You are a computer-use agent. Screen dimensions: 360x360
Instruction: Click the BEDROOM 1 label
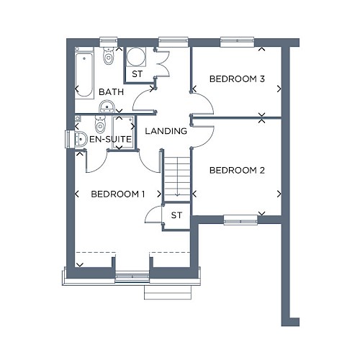pos(118,194)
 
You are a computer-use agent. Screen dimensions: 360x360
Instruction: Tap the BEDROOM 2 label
pos(237,170)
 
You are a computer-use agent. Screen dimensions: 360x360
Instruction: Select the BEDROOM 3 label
pos(237,78)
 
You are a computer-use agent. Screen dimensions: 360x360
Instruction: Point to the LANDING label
pos(166,131)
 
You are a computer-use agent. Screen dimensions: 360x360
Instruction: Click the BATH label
pos(111,91)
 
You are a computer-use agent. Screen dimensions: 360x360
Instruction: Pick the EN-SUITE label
pos(110,139)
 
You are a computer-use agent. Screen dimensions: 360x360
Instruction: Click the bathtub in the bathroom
pos(84,73)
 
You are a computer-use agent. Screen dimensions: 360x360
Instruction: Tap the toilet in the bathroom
pos(109,56)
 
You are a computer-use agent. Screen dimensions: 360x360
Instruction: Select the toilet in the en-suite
pos(100,124)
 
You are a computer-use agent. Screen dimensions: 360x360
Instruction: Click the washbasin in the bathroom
pos(107,107)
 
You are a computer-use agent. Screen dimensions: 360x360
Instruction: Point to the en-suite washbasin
pos(81,139)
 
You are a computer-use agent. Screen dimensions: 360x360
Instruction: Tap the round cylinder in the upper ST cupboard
pos(135,56)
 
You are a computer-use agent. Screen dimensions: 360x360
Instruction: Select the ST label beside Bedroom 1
pos(176,215)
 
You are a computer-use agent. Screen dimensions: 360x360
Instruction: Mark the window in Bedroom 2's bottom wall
pos(240,220)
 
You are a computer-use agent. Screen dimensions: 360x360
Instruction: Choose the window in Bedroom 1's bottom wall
pos(132,276)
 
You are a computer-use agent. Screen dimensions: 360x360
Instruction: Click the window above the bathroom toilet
pos(109,41)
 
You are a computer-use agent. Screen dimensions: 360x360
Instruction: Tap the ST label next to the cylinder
pos(137,74)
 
